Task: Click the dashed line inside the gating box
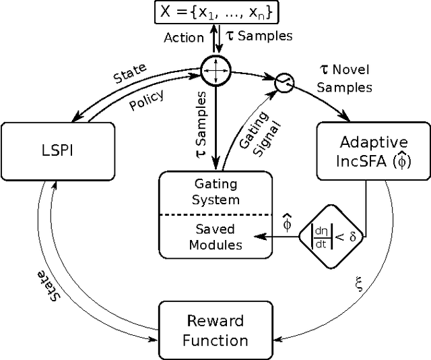click(215, 214)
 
